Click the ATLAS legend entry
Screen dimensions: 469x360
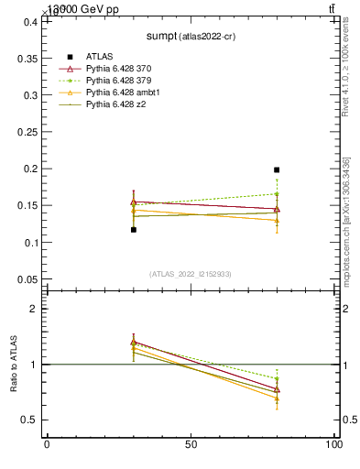[99, 56]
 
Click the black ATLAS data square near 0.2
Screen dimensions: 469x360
[277, 169]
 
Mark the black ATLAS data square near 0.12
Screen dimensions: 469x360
[134, 229]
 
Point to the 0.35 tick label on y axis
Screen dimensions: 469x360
[25, 58]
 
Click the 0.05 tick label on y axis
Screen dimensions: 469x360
[25, 279]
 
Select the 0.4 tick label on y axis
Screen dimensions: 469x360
[28, 21]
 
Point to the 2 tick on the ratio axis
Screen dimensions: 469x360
[36, 309]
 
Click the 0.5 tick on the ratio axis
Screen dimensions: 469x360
[30, 420]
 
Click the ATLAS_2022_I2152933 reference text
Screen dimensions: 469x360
[191, 274]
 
